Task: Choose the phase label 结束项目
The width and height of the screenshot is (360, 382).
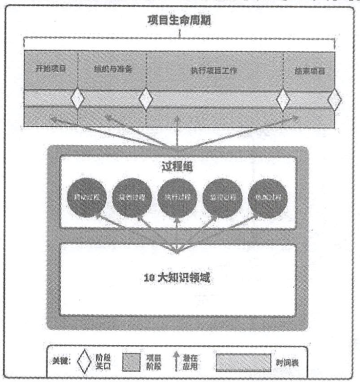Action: coord(309,71)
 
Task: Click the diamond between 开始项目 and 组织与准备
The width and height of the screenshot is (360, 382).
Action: coord(77,98)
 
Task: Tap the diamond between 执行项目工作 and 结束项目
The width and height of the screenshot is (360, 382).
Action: coord(283,99)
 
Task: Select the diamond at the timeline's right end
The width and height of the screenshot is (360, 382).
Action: coord(334,100)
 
